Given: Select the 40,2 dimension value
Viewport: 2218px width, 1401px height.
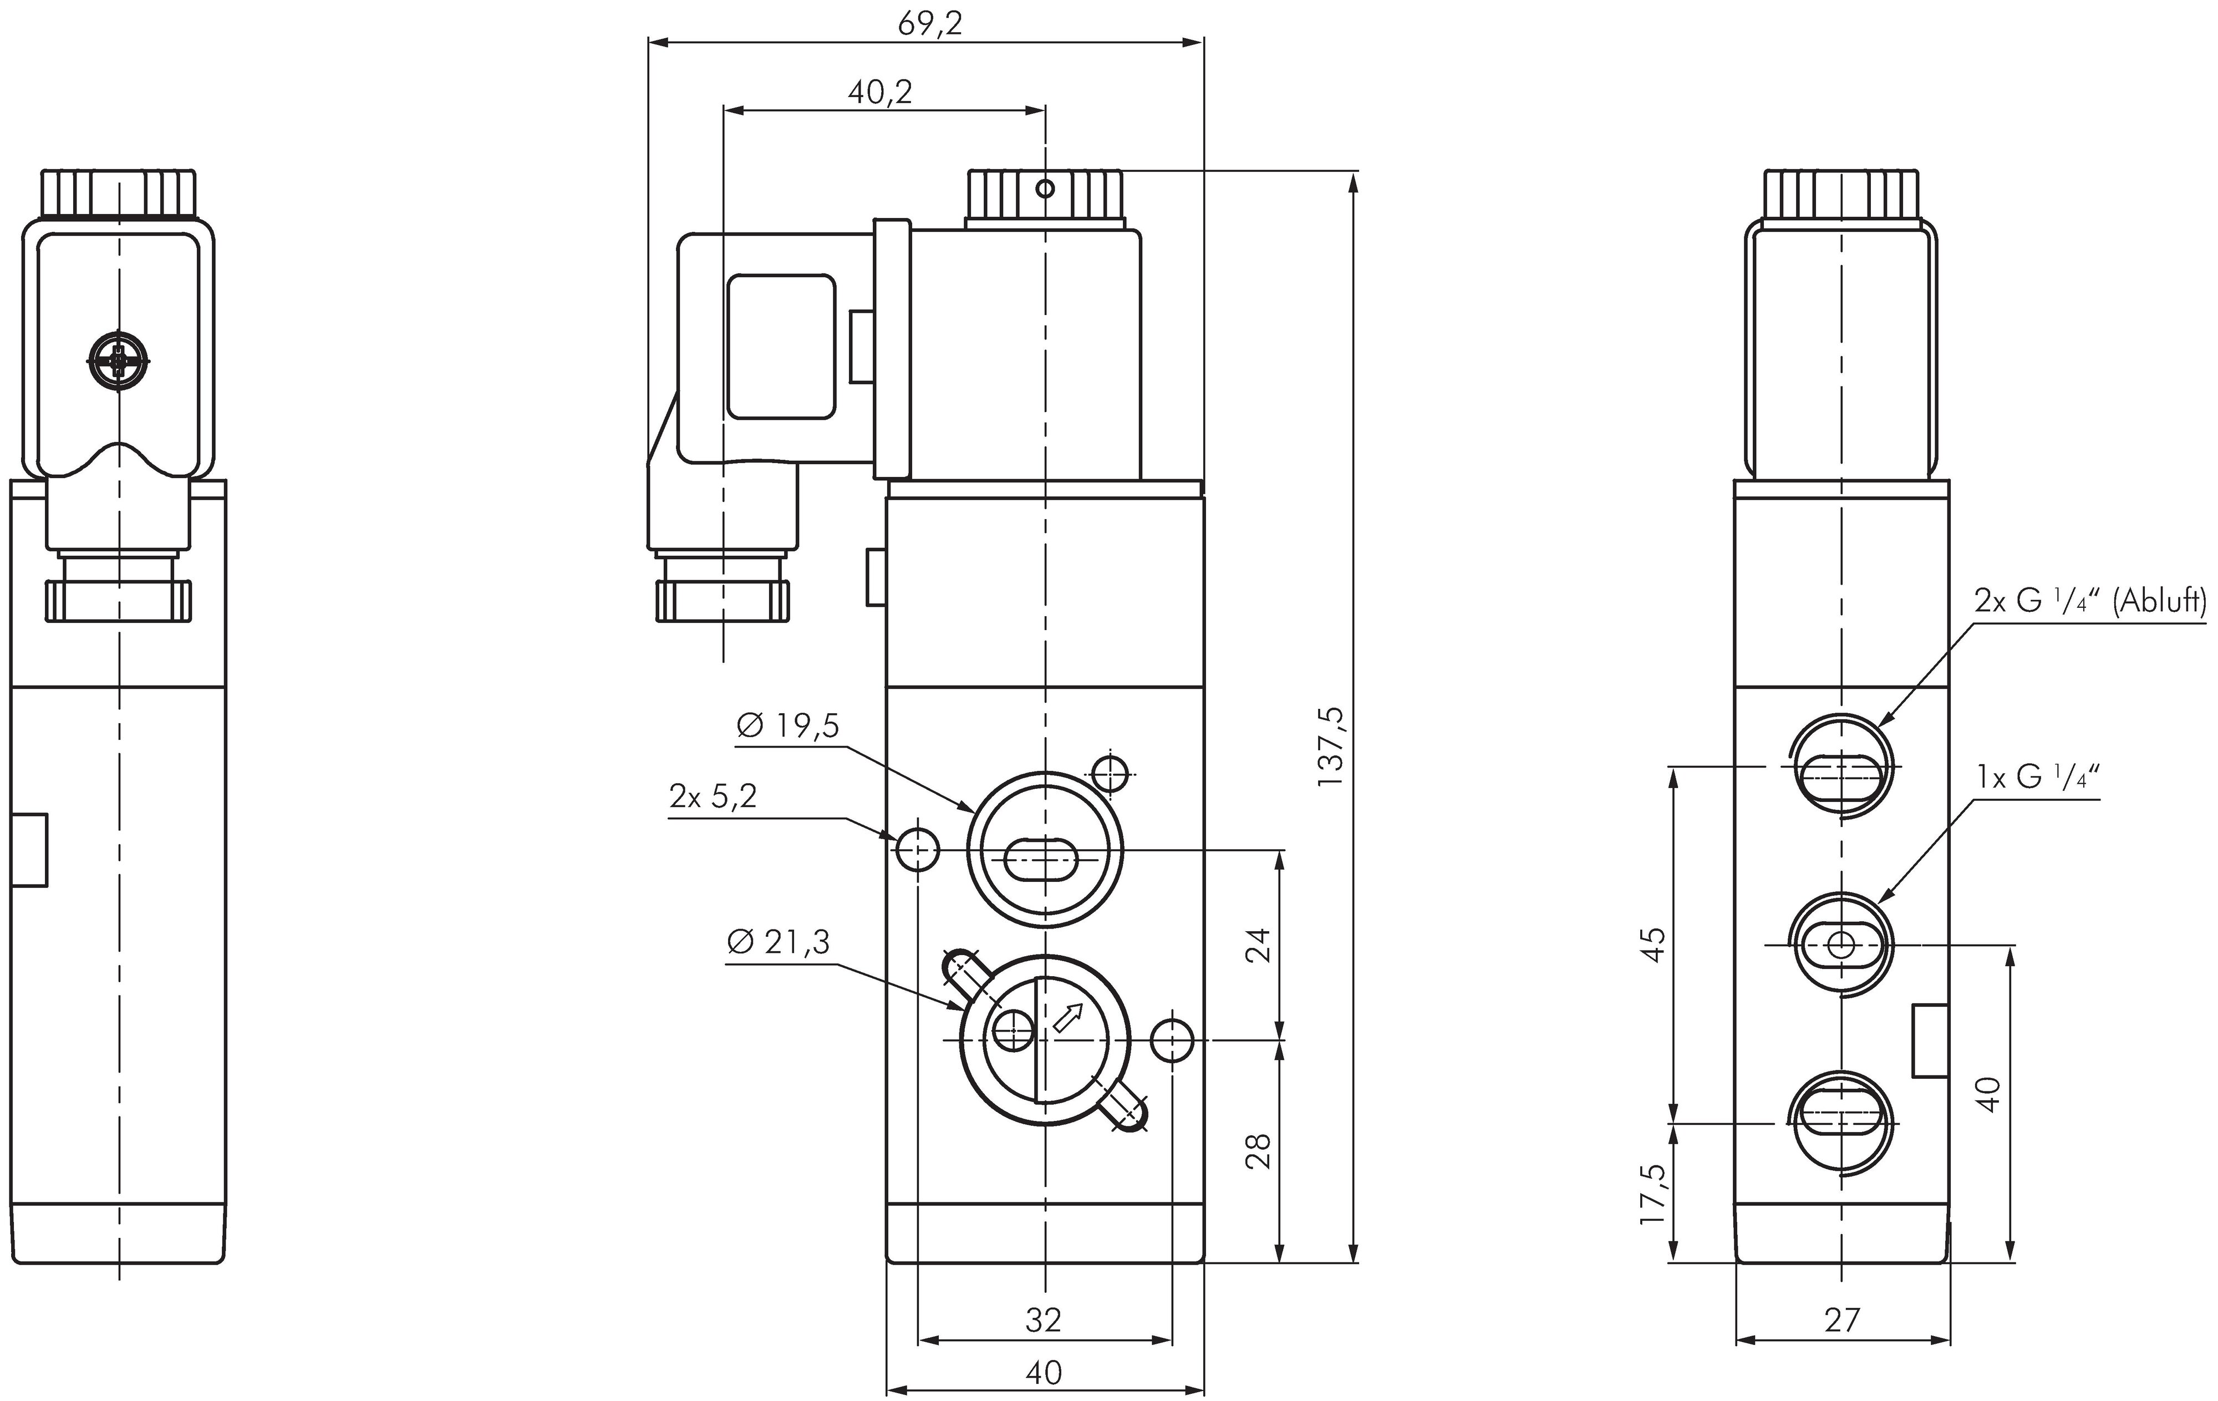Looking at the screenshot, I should pyautogui.click(x=879, y=93).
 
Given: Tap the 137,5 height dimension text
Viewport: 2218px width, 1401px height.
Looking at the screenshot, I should pyautogui.click(x=1331, y=746).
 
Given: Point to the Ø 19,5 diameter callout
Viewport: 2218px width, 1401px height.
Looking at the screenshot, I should pyautogui.click(x=787, y=727).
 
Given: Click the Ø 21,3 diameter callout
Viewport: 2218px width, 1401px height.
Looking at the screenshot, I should pyautogui.click(x=779, y=942).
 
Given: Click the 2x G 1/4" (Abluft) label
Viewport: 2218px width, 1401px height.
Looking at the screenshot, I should pyautogui.click(x=2089, y=601).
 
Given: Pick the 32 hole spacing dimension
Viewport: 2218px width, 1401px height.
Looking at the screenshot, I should pyautogui.click(x=1044, y=1320).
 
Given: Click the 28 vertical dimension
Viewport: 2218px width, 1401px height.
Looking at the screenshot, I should pyautogui.click(x=1258, y=1151).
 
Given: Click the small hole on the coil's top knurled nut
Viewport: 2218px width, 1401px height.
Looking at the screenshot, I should pyautogui.click(x=1045, y=189).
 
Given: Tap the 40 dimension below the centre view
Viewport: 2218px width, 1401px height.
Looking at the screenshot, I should pyautogui.click(x=1044, y=1373).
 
